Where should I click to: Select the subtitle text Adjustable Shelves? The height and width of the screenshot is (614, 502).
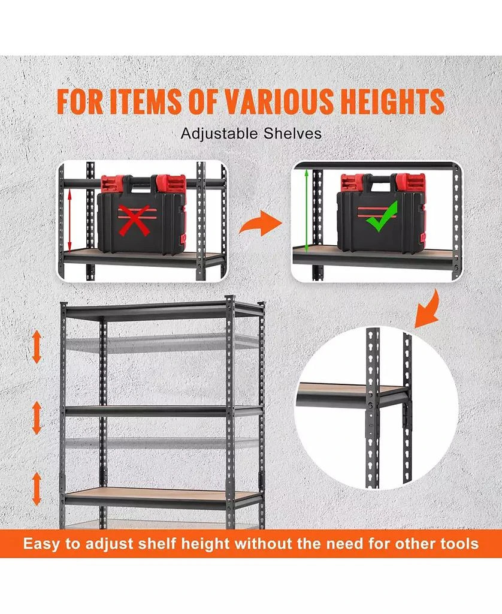251,133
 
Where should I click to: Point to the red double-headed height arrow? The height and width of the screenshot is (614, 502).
71,219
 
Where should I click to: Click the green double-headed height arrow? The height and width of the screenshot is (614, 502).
307,210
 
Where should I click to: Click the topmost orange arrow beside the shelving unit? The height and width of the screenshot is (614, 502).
37,348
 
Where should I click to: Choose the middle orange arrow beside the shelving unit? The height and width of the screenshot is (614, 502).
37,417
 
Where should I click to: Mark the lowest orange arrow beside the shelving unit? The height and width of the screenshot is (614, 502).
37,487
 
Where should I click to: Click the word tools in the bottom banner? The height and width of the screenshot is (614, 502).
457,544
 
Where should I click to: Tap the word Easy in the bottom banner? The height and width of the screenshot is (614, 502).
43,544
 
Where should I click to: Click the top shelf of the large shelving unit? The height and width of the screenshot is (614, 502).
162,310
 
